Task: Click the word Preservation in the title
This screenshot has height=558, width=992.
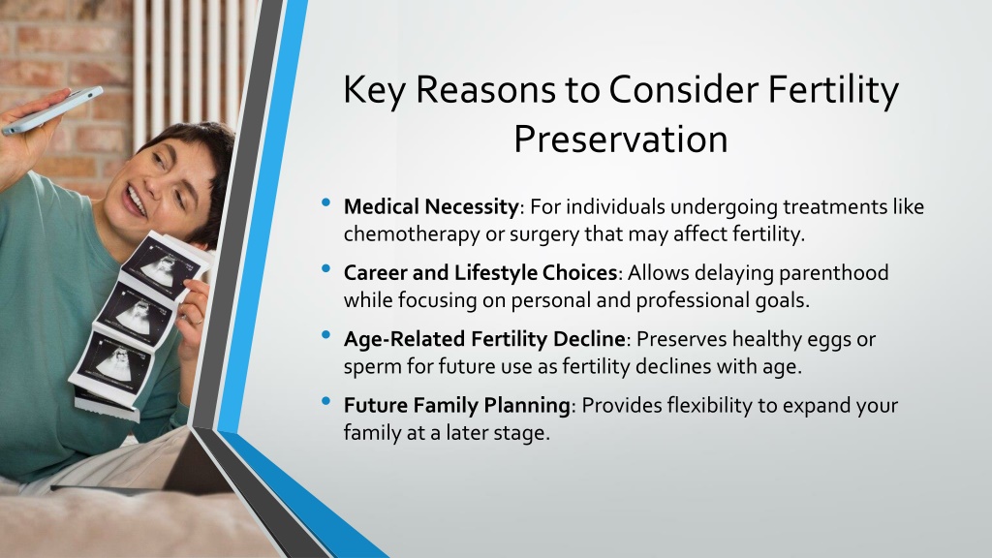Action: (620, 139)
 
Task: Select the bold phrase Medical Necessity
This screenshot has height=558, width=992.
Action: (431, 207)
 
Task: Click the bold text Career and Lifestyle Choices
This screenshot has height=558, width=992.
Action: (480, 272)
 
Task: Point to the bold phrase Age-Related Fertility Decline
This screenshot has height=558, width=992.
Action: (484, 339)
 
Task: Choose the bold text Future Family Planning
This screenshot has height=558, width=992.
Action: (457, 405)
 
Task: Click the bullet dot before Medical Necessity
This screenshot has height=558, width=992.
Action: (325, 202)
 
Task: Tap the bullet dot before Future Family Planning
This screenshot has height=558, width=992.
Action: (325, 400)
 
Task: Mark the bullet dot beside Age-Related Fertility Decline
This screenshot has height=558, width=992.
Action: (325, 334)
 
